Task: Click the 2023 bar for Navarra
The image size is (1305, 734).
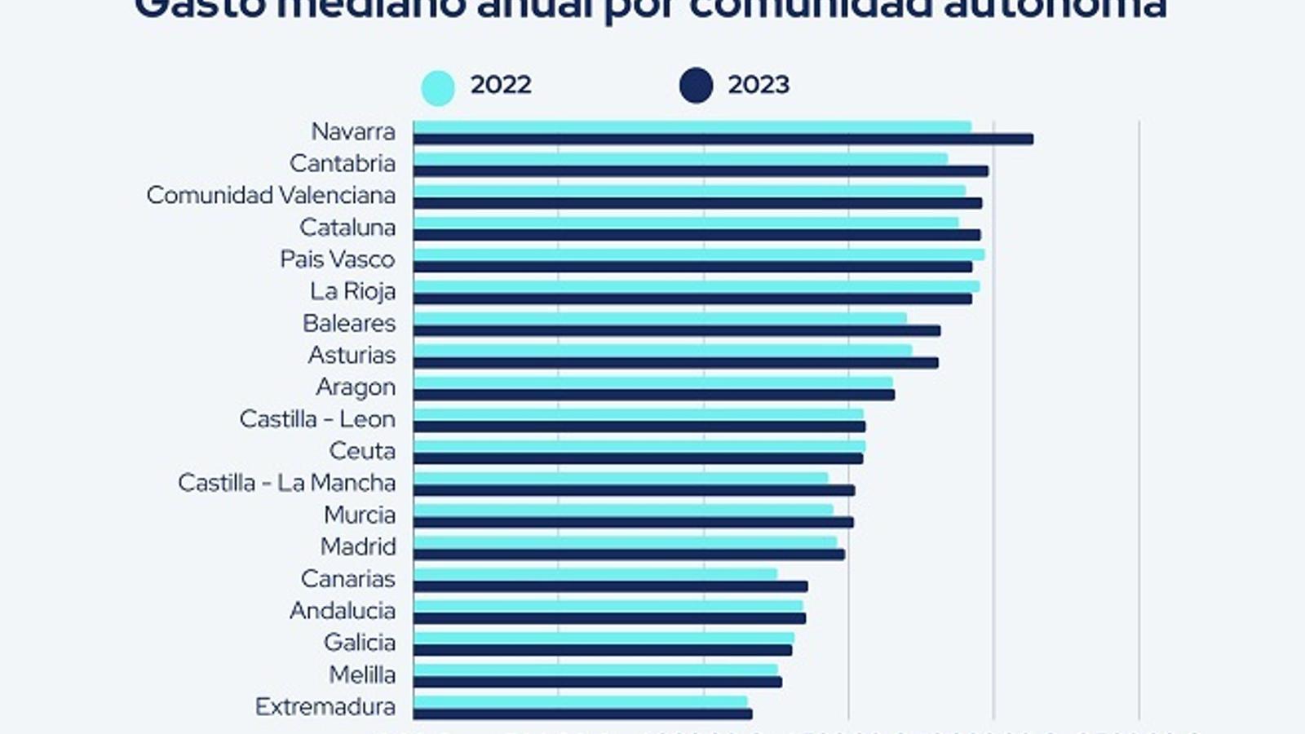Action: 723,139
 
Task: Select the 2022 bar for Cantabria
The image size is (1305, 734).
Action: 680,158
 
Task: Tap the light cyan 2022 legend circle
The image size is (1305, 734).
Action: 438,87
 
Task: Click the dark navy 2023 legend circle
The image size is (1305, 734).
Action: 696,86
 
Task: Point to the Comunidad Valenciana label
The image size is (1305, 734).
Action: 271,196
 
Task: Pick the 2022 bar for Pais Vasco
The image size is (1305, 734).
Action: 698,254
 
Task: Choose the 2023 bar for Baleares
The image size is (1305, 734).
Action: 676,330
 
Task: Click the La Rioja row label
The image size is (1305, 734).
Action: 352,291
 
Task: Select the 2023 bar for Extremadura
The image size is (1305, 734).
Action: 582,714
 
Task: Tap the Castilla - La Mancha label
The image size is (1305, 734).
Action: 286,483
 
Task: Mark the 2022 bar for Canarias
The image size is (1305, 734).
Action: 595,574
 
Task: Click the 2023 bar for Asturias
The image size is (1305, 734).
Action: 675,362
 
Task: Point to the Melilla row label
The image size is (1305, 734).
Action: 362,674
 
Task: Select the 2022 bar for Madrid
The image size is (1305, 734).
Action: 625,542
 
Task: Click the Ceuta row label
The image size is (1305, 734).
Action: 362,451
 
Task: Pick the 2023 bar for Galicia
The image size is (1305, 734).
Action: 602,650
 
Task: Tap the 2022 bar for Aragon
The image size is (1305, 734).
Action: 652,382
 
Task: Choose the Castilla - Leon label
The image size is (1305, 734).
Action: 317,419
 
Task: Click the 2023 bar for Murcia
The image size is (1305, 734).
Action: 633,522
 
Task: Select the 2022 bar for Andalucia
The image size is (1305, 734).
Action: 608,606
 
